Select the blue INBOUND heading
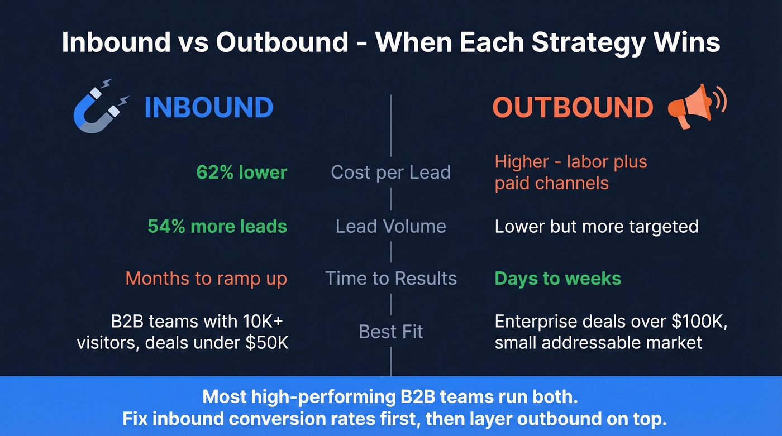pos(208,107)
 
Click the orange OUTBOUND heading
pos(573,107)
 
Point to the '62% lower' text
pos(241,173)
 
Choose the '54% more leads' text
pos(217,226)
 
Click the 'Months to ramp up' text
pos(206,278)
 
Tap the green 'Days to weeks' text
pos(557,278)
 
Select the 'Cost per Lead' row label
pos(390,173)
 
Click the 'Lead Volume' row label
pos(390,226)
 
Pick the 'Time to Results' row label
pos(390,278)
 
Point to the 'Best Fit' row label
pos(390,332)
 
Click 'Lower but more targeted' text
pos(596,226)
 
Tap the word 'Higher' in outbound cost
pos(522,162)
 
